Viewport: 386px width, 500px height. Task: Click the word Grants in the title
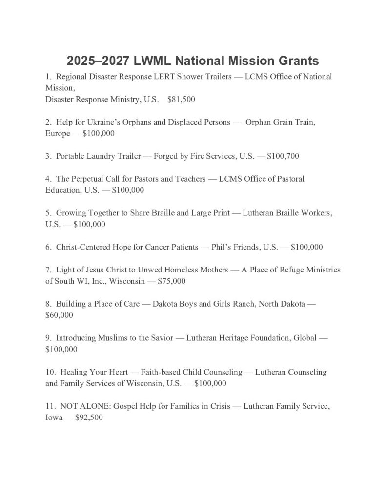pos(292,61)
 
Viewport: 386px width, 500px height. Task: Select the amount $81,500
pos(181,99)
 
